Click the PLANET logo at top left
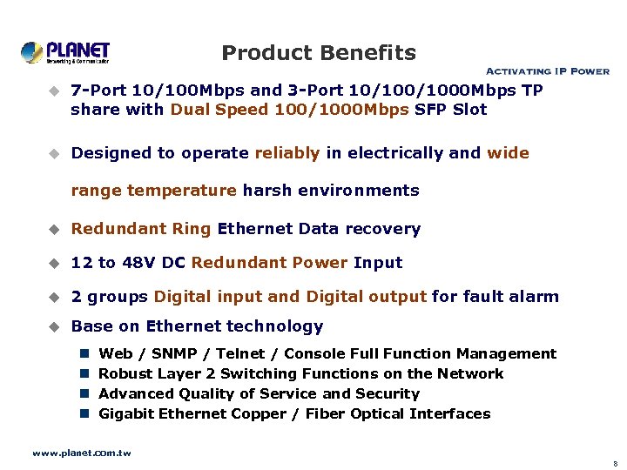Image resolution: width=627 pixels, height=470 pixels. coord(65,52)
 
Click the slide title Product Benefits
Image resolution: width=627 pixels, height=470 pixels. coord(319,53)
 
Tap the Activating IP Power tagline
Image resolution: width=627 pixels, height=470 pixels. coord(547,71)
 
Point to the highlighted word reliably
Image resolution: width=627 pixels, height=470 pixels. coord(287,153)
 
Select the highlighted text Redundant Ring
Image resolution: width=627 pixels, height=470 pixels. coord(141,229)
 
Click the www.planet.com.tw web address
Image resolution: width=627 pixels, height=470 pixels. coord(82,453)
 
